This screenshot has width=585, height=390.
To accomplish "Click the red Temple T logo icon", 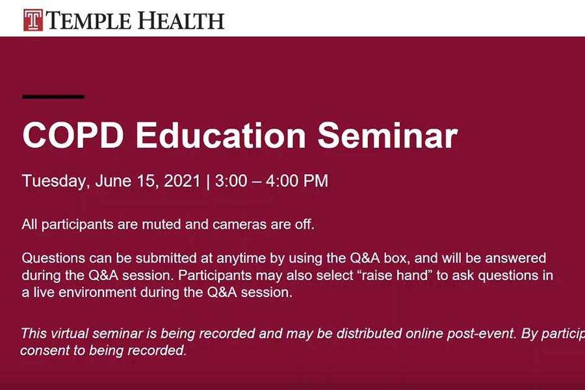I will coord(33,19).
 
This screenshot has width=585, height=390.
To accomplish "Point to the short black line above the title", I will coord(53,97).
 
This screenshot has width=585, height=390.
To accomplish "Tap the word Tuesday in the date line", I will coord(55,181).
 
